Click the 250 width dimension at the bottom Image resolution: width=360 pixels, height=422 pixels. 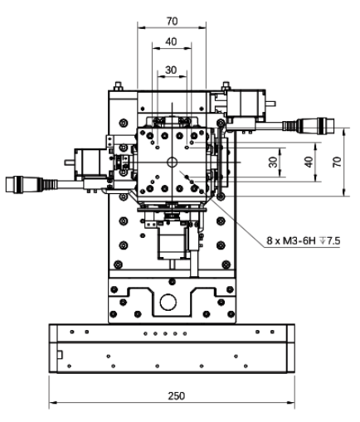[176, 395]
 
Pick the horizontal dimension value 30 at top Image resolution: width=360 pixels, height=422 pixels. [171, 70]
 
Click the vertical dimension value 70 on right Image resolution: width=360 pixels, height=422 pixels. [336, 163]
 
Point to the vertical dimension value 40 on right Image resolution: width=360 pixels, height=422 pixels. [309, 163]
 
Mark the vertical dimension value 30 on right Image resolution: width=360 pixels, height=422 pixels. [273, 163]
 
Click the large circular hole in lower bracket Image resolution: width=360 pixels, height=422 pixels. [170, 301]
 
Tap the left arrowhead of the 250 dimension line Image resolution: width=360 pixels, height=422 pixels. [52, 405]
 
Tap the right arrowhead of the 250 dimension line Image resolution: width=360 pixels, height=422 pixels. [292, 405]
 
